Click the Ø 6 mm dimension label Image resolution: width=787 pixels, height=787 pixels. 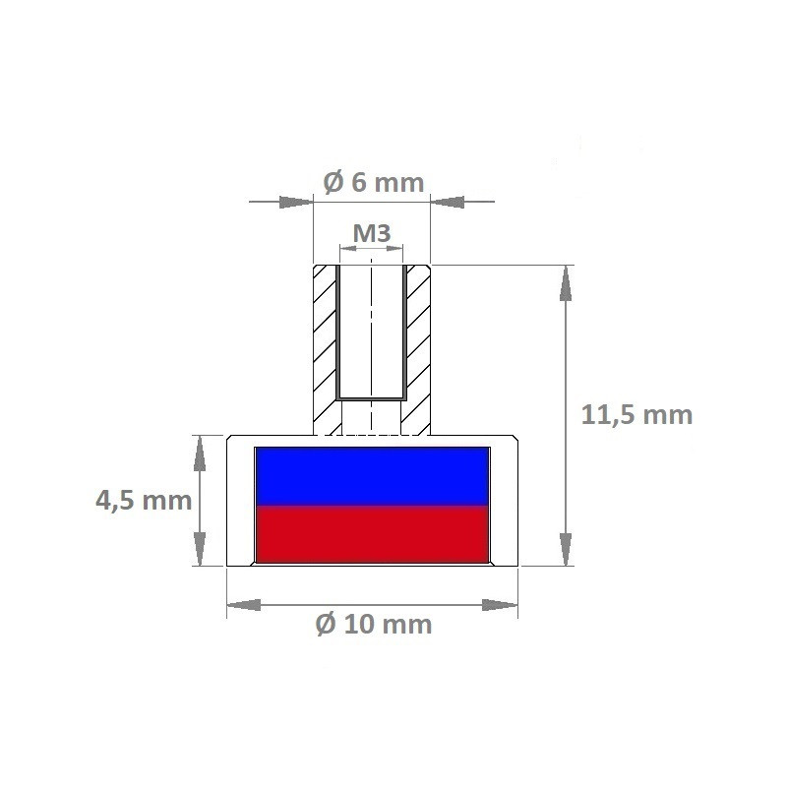(x=373, y=183)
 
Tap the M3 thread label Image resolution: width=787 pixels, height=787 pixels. (x=372, y=233)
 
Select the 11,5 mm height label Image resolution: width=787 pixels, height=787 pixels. (x=636, y=414)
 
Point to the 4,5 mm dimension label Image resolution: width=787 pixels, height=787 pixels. (x=143, y=501)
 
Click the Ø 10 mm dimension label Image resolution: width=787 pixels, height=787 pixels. (x=373, y=624)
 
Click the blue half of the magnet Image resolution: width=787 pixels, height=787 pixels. (x=372, y=477)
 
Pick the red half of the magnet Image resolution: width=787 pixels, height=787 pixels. (x=372, y=536)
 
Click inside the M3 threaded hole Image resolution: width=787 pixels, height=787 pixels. (x=371, y=334)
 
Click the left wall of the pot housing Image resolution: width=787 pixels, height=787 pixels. (x=240, y=502)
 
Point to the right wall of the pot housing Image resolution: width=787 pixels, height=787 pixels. (x=504, y=502)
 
